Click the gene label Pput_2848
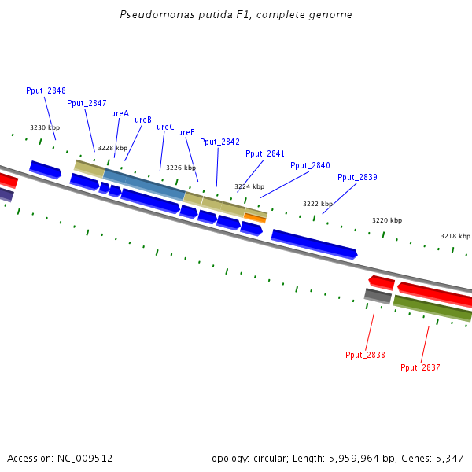pos(46,90)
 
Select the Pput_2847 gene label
pos(87,103)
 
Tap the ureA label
pos(120,113)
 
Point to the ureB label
pos(143,120)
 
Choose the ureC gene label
pos(165,127)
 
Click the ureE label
pos(186,132)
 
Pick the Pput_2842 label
pos(219,142)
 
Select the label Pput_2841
pos(265,153)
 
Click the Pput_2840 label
pos(310,165)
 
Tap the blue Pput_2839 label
pos(357,177)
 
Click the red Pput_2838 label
pos(365,355)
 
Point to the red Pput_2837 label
pos(420,367)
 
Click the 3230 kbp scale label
pos(45,127)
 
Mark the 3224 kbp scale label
pos(249,186)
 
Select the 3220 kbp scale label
pos(387,220)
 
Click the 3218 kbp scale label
pos(455,236)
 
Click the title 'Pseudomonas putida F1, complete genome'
pos(236,15)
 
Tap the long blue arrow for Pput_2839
pos(314,244)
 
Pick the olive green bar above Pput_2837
pos(433,308)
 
